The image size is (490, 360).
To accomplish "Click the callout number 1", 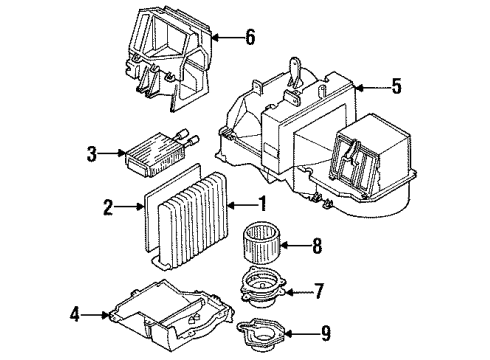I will (x=264, y=206).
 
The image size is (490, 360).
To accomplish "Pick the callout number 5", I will (x=396, y=86).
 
